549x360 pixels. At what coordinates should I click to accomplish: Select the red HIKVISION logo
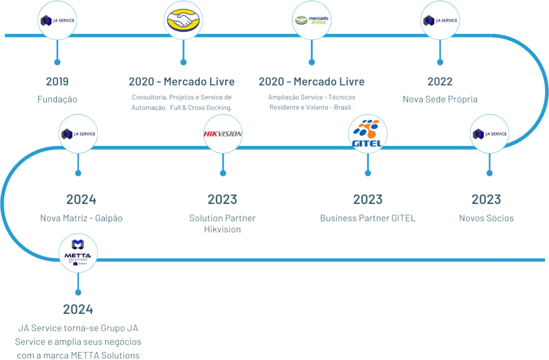[x=222, y=134]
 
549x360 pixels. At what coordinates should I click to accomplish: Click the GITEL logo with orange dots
[x=368, y=133]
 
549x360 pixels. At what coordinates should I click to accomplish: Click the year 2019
[x=57, y=82]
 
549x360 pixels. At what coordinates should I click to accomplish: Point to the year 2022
[x=440, y=82]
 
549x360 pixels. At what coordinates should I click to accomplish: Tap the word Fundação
[x=57, y=100]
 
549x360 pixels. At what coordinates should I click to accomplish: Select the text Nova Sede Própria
[x=440, y=100]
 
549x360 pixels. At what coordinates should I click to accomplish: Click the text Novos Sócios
[x=486, y=218]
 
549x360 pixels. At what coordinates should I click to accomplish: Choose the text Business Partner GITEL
[x=368, y=218]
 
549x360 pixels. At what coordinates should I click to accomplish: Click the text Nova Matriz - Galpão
[x=81, y=218]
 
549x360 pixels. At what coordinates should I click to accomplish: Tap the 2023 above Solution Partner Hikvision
[x=222, y=200]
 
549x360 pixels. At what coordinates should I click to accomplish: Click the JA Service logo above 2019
[x=57, y=20]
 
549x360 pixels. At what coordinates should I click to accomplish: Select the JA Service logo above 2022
[x=440, y=20]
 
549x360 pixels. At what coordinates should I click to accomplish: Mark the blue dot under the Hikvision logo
[x=222, y=173]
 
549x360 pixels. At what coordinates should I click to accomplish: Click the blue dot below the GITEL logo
[x=368, y=173]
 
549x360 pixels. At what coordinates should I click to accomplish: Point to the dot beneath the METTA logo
[x=78, y=292]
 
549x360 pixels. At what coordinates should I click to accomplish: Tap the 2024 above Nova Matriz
[x=81, y=200]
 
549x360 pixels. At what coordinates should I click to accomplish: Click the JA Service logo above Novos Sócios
[x=489, y=134]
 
